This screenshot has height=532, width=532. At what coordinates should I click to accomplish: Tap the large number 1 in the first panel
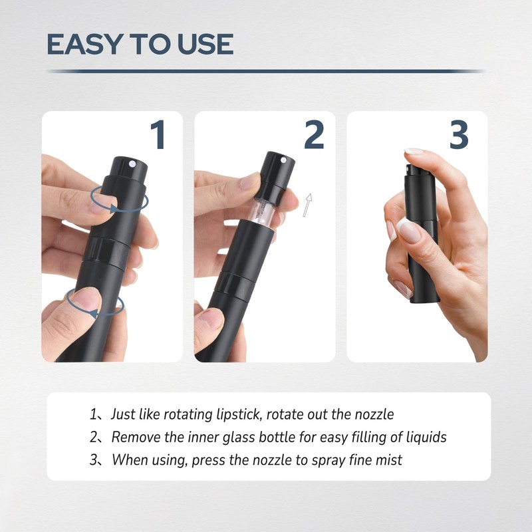(x=158, y=135)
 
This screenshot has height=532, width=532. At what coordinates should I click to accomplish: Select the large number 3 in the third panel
(x=459, y=135)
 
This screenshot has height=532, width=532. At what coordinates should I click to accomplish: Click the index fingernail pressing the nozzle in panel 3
(x=414, y=152)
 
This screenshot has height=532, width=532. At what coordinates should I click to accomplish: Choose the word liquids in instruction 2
(x=424, y=437)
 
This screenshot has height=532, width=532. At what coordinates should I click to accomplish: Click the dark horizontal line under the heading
(x=266, y=70)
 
